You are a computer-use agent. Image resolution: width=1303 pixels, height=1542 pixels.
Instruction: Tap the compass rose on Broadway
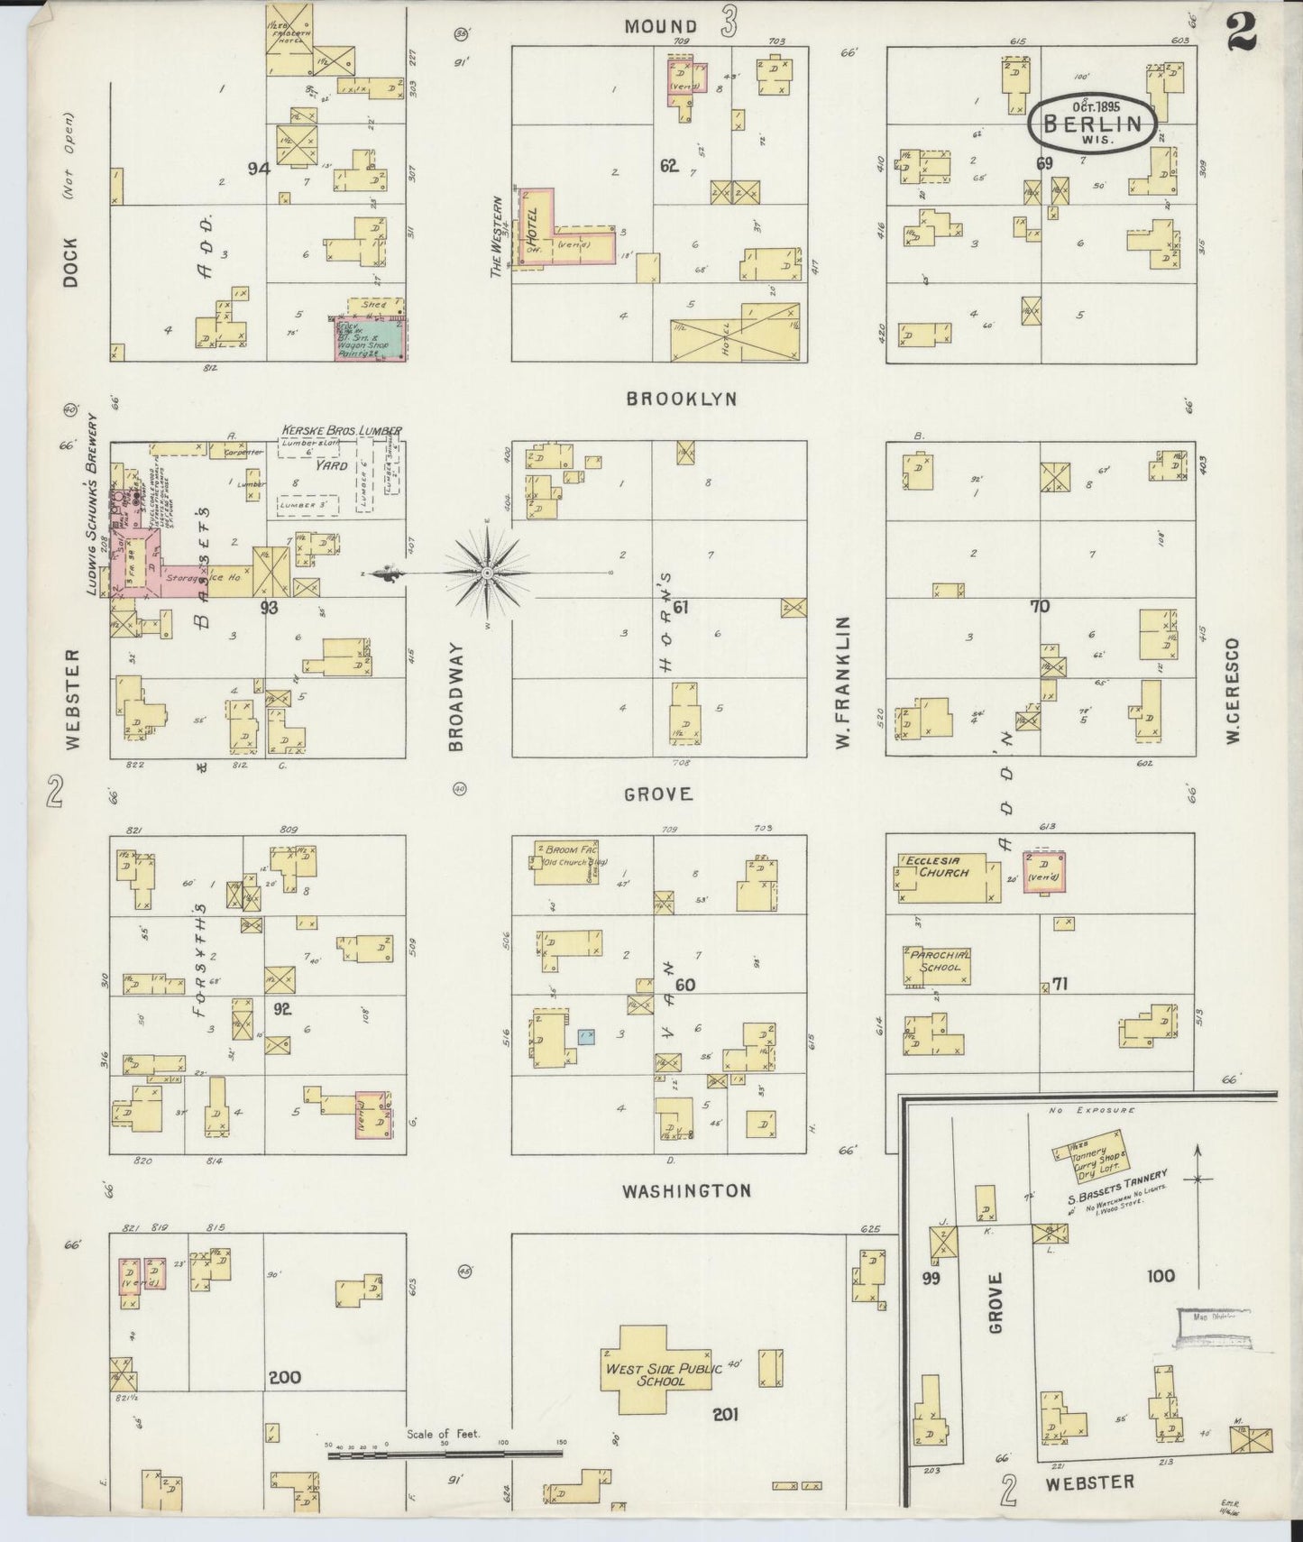pos(487,573)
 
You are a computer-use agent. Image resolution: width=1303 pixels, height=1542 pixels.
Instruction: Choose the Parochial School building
pos(939,965)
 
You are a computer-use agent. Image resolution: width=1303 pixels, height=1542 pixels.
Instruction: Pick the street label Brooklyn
pos(682,399)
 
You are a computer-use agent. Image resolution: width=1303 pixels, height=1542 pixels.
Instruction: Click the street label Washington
pos(686,1190)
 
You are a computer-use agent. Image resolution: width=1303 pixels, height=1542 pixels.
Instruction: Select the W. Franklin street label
pos(843,682)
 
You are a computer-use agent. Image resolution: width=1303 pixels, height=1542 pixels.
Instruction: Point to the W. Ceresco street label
pos(1233,691)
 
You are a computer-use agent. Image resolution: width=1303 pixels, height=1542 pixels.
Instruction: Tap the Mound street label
pos(661,26)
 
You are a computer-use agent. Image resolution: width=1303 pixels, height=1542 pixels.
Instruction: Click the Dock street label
pos(71,262)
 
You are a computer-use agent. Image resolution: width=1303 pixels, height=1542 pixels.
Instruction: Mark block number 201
pos(725,1415)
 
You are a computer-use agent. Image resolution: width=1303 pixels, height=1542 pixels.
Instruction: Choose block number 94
pos(259,167)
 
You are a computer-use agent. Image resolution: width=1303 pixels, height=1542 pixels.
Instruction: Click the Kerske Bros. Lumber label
pos(342,431)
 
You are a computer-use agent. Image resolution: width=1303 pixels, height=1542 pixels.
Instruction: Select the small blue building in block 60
pos(587,1036)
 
